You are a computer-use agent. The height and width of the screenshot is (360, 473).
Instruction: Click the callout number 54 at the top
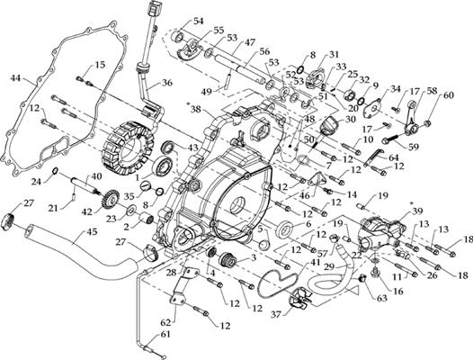click(x=198, y=21)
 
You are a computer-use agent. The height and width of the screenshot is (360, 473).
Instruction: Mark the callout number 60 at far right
click(x=449, y=95)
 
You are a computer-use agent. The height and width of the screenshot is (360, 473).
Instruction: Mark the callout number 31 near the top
click(x=334, y=56)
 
